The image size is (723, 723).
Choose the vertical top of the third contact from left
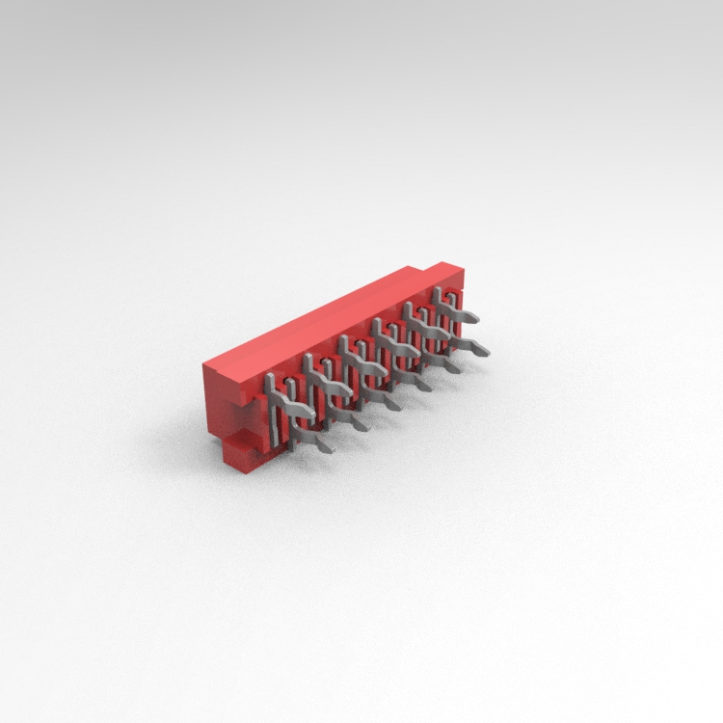pyautogui.click(x=344, y=343)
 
